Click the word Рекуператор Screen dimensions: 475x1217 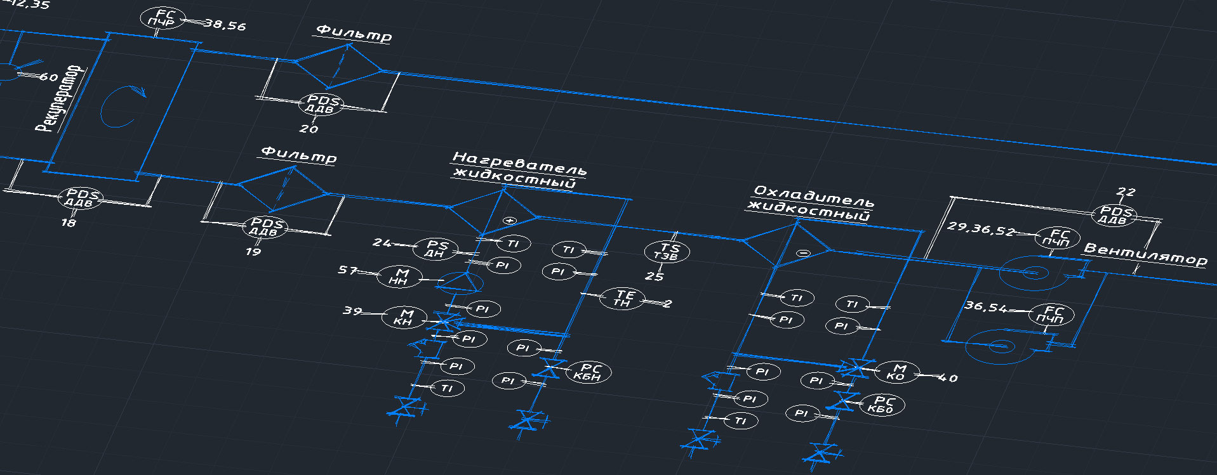pos(59,98)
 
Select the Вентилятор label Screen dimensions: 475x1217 pos(1145,254)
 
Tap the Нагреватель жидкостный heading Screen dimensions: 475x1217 pos(518,170)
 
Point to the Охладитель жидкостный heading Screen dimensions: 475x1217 pos(812,203)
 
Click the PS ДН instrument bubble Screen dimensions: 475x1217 pos(436,249)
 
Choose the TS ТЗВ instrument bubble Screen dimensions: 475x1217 pos(667,251)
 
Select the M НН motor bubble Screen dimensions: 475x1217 pos(399,277)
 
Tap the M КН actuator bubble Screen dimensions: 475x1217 pos(404,317)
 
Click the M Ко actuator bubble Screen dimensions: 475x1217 pos(897,372)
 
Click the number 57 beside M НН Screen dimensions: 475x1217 pos(347,270)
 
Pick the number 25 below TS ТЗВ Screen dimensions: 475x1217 pos(655,277)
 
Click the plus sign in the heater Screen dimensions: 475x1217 pos(509,221)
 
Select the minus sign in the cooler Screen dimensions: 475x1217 pos(804,253)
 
